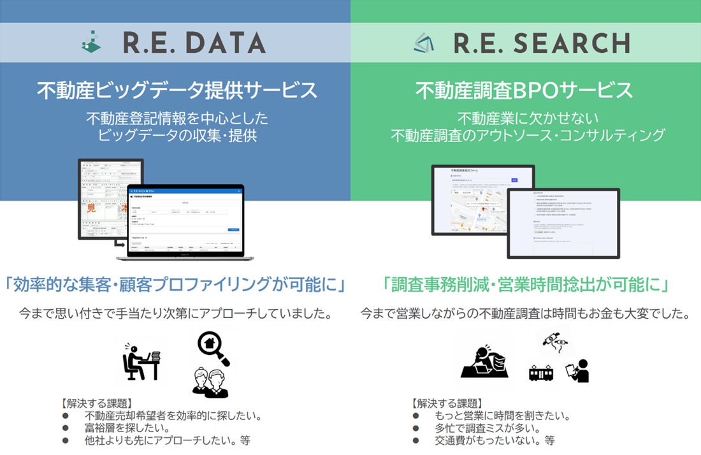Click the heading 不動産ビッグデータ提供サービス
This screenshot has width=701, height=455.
click(177, 90)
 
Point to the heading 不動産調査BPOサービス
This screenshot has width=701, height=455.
click(524, 90)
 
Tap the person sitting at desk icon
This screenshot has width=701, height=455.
click(140, 361)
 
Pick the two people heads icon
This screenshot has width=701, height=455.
click(210, 381)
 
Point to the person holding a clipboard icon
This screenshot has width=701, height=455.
click(579, 370)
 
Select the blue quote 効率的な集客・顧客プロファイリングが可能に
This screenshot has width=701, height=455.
click(175, 285)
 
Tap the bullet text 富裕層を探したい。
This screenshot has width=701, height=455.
click(127, 428)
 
